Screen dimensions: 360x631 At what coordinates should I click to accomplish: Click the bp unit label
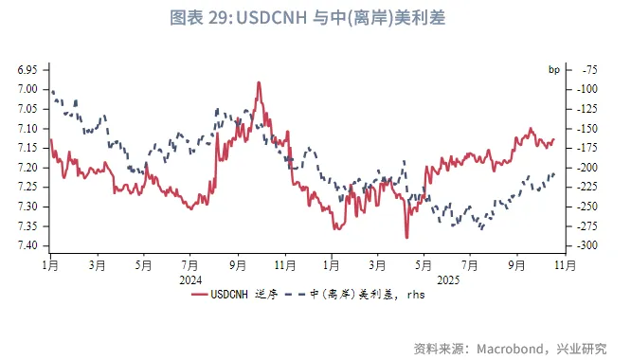[x=554, y=70]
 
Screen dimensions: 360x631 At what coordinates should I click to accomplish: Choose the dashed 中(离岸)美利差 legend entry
[x=361, y=295]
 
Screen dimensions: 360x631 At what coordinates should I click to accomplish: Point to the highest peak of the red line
[x=258, y=82]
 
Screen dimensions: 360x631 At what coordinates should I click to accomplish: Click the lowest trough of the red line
[x=406, y=237]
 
